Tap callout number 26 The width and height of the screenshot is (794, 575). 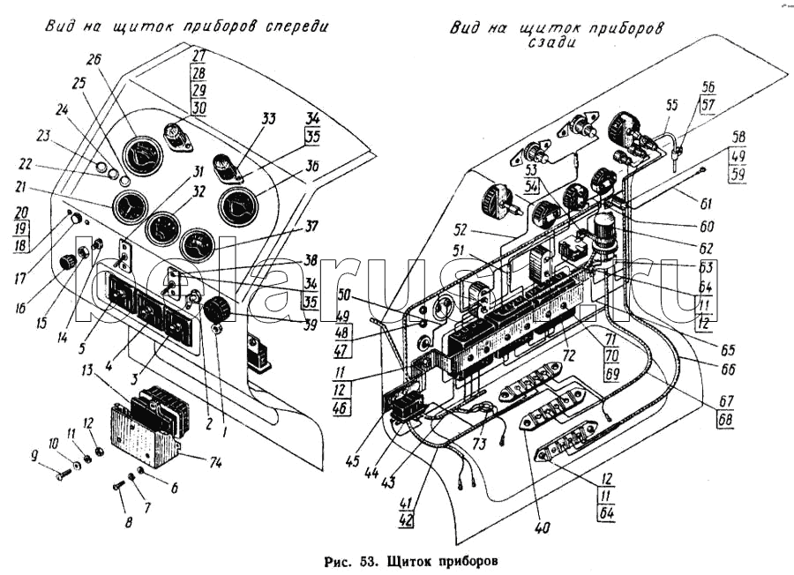coord(94,60)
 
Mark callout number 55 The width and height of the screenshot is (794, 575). coord(671,104)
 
